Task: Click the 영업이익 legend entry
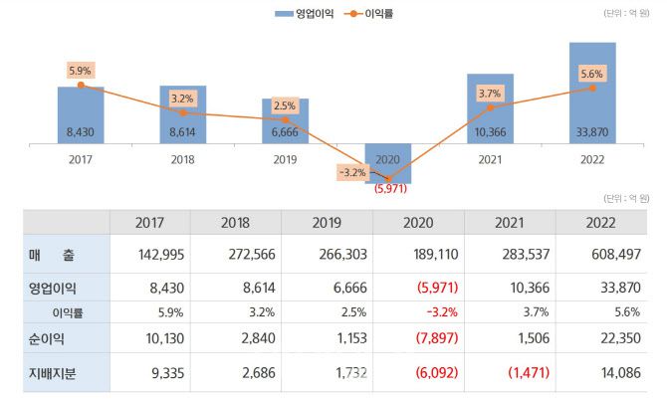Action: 303,14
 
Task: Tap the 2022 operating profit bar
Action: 592,95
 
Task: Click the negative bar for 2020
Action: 387,162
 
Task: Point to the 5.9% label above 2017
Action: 81,70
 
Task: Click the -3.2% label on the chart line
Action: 352,171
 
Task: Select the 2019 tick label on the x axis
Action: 285,158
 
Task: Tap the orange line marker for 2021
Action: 490,107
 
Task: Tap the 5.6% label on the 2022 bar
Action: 592,74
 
